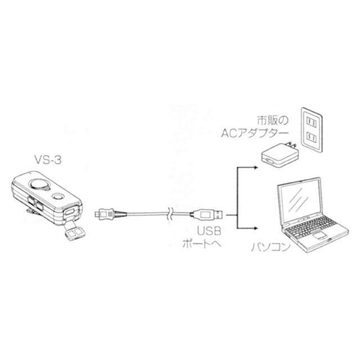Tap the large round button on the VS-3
tap(38, 184)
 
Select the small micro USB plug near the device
tap(102, 214)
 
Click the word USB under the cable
tap(206, 231)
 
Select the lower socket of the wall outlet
tap(311, 139)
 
